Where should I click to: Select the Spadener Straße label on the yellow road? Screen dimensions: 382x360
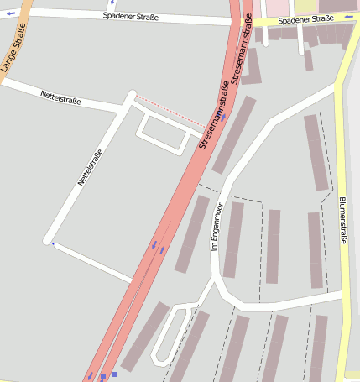tap(306, 19)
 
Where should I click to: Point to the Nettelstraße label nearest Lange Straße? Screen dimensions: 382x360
tap(60, 99)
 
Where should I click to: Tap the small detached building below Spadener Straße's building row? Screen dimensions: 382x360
tap(308, 60)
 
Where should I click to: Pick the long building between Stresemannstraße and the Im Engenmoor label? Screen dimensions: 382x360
tap(192, 233)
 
